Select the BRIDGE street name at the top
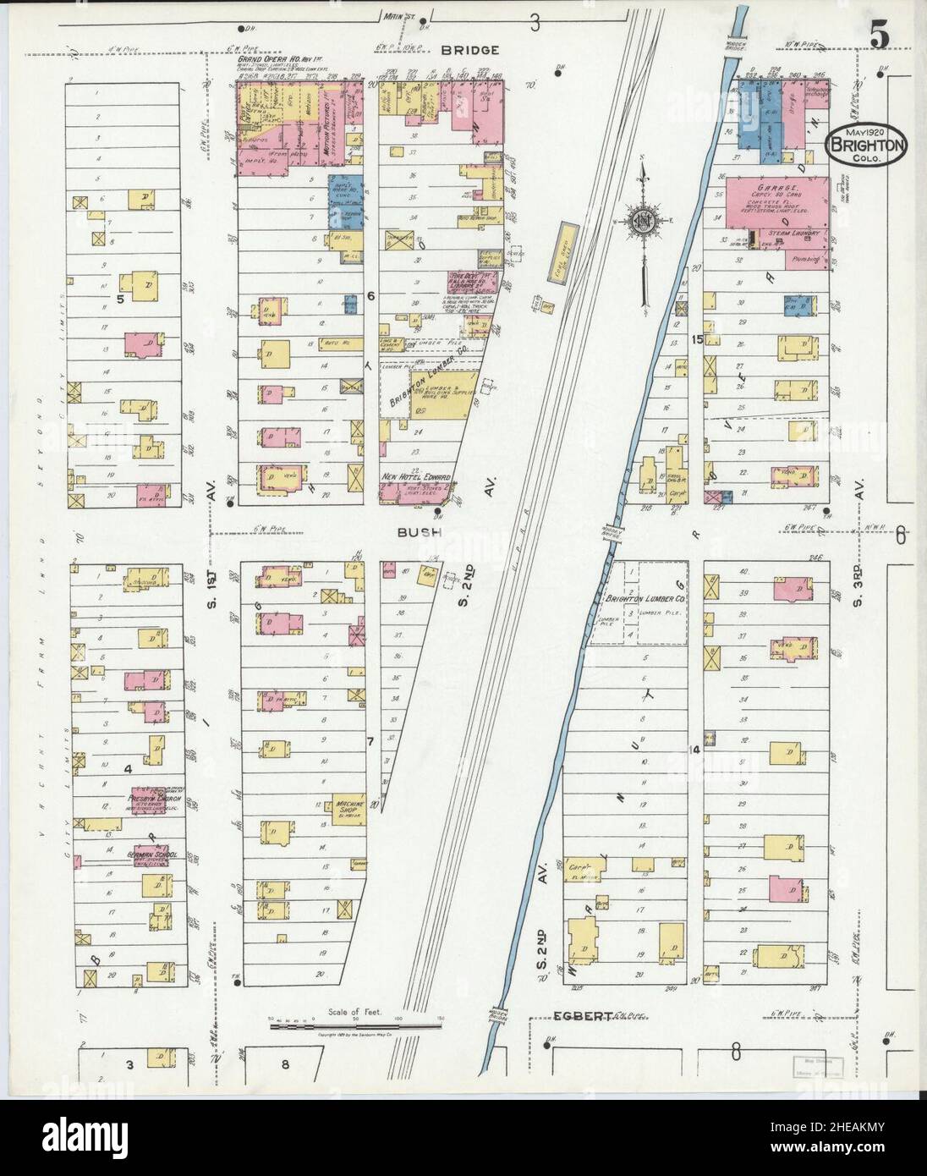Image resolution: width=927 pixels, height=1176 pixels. click(469, 51)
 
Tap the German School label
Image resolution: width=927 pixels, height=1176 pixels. click(151, 855)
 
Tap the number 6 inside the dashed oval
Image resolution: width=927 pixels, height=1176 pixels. click(901, 534)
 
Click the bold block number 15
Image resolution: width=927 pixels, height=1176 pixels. click(697, 339)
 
